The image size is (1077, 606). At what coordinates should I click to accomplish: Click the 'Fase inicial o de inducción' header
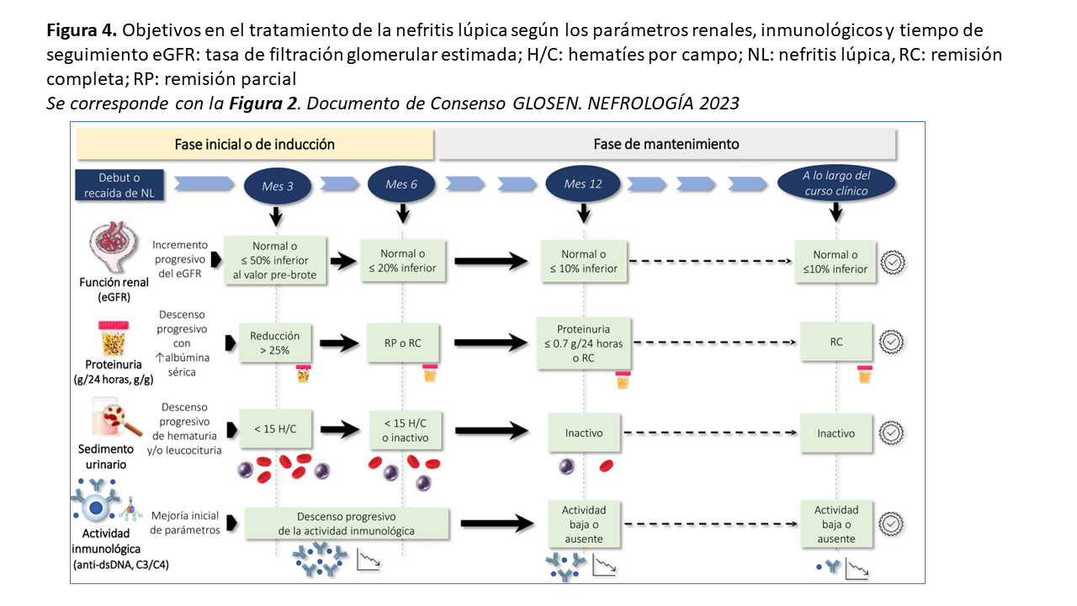click(x=254, y=144)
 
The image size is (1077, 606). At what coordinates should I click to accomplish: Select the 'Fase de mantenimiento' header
click(x=666, y=144)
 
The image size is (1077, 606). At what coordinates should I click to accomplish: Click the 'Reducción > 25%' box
click(x=274, y=343)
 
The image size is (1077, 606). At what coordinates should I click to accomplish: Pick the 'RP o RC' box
click(x=403, y=343)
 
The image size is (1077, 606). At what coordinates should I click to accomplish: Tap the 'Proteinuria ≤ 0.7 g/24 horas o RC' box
click(x=582, y=343)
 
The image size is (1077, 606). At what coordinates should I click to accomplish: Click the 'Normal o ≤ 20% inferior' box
click(x=403, y=261)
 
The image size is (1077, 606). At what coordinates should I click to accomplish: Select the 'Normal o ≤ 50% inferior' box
click(x=274, y=261)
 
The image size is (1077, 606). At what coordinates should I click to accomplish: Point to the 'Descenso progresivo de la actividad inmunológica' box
click(x=347, y=523)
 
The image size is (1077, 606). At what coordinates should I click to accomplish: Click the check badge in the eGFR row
click(x=892, y=263)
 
